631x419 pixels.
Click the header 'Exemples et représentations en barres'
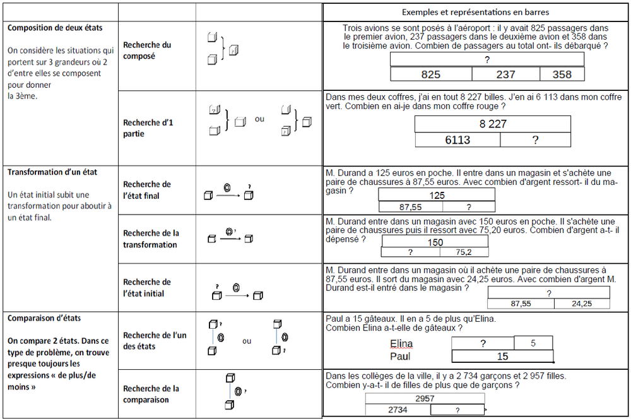475,13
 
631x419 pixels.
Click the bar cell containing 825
431,74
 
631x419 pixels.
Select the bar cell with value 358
562,74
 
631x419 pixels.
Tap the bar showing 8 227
493,124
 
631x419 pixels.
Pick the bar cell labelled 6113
457,140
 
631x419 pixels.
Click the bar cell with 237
505,74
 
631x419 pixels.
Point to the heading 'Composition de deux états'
54,28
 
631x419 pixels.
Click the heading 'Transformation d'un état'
52,172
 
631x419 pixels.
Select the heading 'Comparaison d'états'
44,318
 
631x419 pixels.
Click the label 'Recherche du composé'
147,50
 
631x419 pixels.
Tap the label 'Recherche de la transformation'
151,239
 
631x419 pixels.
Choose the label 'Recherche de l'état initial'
147,288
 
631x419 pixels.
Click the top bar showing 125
437,196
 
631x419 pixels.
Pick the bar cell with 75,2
464,252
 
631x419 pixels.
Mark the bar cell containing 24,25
582,304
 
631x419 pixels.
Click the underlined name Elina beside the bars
401,344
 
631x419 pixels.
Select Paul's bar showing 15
502,357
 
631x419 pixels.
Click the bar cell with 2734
398,410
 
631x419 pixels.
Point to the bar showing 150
435,242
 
